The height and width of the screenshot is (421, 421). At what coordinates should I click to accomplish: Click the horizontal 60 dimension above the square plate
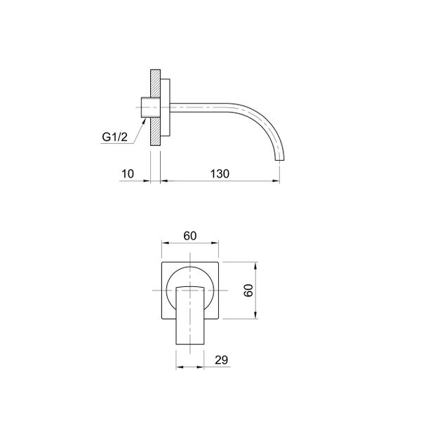[189, 236]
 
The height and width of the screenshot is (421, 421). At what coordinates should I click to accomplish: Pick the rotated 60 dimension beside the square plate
[247, 290]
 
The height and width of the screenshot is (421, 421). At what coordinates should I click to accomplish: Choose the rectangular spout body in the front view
[190, 316]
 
